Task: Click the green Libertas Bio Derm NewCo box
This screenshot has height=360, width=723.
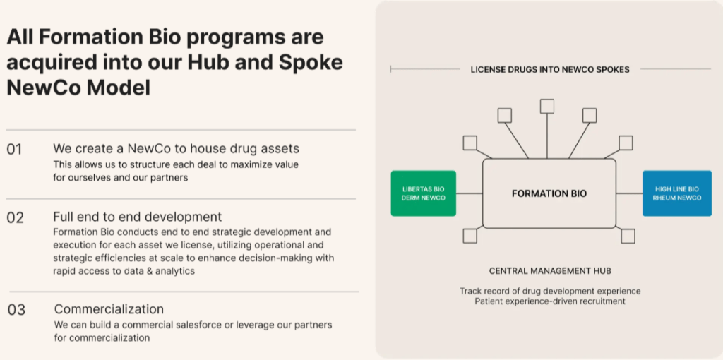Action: point(424,193)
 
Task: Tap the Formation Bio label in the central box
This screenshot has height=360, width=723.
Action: point(549,193)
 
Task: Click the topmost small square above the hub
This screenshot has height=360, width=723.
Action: point(547,106)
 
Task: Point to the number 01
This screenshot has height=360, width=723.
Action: point(14,150)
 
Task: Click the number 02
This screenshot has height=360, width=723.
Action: point(15,217)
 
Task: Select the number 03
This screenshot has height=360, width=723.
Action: point(16,310)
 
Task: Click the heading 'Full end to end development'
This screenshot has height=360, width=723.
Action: point(137,217)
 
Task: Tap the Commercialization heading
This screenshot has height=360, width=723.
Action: point(109,309)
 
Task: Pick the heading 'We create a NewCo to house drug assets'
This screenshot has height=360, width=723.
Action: point(176,149)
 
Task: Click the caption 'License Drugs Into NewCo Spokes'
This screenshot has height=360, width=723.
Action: point(550,69)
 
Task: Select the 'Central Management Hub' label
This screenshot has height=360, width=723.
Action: point(550,270)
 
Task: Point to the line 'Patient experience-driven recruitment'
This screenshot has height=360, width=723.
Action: point(550,301)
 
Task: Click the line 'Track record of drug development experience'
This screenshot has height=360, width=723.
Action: point(550,291)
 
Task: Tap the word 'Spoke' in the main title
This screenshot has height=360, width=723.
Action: point(311,62)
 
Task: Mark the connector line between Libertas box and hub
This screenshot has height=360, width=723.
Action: point(469,193)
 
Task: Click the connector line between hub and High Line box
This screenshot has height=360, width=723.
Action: point(629,193)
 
